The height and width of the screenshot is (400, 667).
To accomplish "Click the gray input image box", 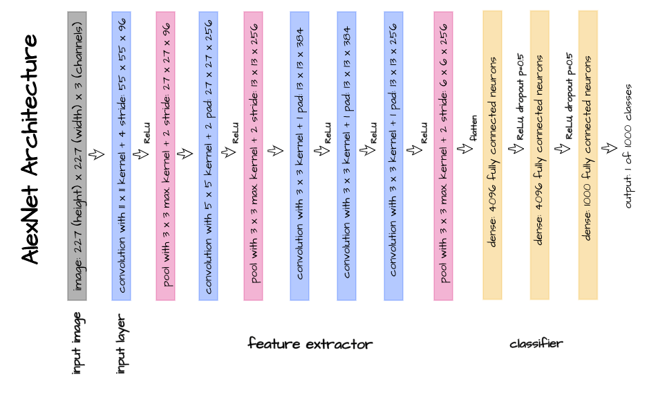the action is point(77,156).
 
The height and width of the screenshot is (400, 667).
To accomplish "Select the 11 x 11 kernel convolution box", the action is point(121,156).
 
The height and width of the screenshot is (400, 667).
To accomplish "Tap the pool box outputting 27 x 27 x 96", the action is point(165,156).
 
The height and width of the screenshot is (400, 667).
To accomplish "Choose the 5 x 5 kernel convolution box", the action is point(209,156).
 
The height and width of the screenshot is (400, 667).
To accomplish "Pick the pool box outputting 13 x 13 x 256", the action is point(253,156).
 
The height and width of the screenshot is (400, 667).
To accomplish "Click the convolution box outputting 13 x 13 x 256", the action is point(393,156).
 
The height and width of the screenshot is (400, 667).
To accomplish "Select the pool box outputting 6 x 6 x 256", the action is point(443,156).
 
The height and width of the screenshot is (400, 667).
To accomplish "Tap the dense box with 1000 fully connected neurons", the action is point(588,155).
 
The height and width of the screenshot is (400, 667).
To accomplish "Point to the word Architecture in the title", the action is point(30,104).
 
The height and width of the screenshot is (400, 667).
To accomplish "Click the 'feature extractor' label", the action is point(310,343).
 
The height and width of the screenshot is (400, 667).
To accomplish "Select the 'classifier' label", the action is point(536,343).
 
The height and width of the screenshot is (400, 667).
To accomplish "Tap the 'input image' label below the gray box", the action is point(77,343).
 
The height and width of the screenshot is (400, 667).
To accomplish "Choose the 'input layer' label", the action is point(121,344).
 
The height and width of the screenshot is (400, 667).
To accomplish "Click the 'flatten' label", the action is point(473,128).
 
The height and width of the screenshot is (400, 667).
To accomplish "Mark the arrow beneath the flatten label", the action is point(465,148).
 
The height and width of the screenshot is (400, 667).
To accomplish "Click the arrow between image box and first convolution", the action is point(97,154).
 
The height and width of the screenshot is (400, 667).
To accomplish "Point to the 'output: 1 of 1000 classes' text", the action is point(628,146).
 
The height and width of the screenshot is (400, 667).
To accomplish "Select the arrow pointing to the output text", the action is point(609,148).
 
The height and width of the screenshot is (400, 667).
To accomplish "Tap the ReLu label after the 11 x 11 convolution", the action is point(147,133).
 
